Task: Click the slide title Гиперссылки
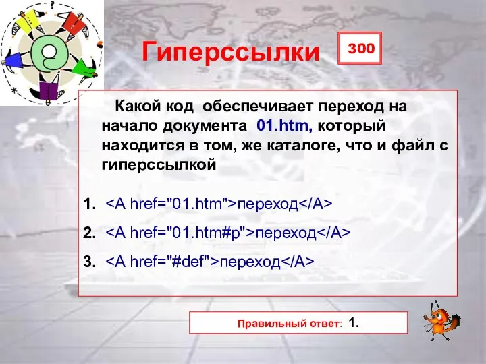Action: point(230,52)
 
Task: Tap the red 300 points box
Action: point(360,49)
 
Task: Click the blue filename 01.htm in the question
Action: point(283,125)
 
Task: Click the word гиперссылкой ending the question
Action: point(159,164)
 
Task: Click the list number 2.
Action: point(88,233)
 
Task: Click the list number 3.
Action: point(88,262)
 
